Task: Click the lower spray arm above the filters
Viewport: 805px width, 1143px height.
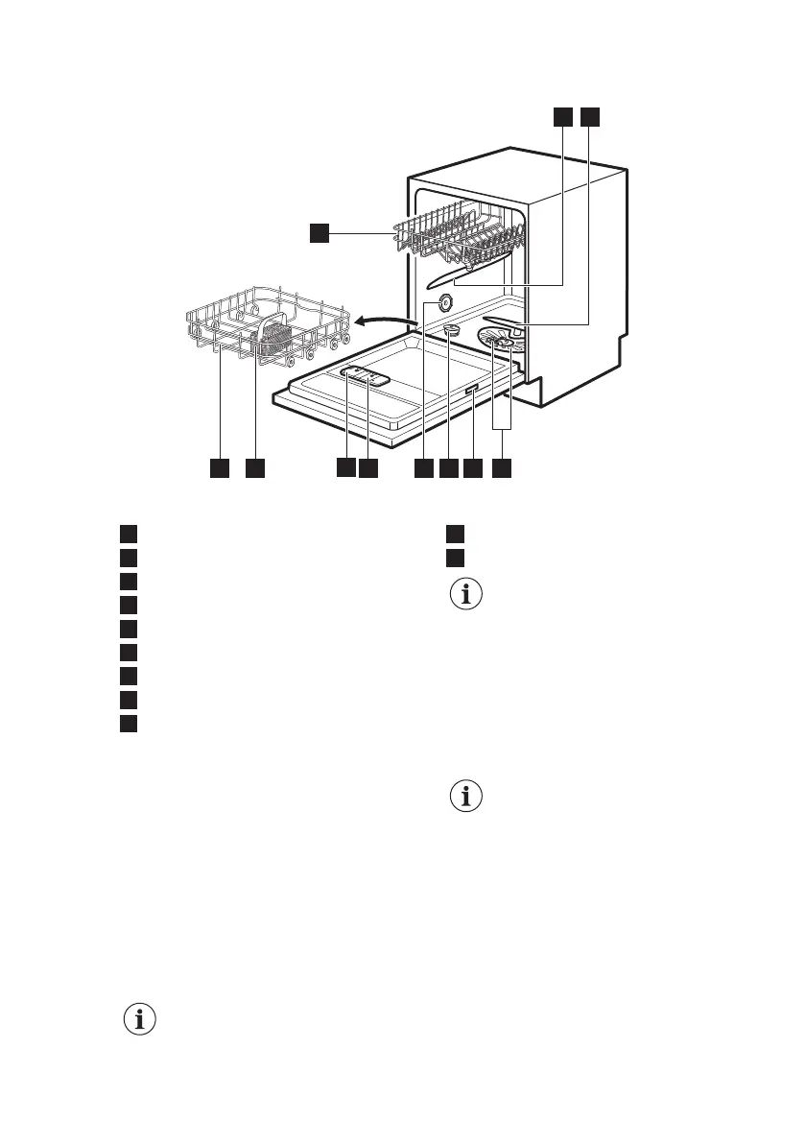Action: click(x=506, y=321)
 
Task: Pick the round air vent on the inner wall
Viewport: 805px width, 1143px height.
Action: click(x=445, y=301)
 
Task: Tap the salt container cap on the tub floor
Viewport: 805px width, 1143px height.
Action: click(x=453, y=331)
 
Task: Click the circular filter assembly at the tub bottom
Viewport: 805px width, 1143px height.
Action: click(x=501, y=342)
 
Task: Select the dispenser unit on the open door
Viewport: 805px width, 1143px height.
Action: click(x=366, y=377)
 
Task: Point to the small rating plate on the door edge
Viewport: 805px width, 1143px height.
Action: click(x=473, y=389)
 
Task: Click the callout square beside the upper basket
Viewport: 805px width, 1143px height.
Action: click(x=319, y=231)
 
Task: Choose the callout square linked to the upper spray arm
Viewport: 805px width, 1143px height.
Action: click(x=562, y=116)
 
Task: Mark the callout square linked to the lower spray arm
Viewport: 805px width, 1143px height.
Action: click(x=588, y=116)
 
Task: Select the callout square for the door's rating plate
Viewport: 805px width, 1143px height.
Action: click(x=473, y=468)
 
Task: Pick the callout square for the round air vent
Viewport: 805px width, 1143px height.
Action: click(x=423, y=468)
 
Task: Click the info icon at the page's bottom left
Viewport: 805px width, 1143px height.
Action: click(x=141, y=1020)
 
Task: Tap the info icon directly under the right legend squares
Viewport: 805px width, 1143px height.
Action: click(x=468, y=595)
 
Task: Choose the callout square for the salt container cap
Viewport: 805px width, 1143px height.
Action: click(x=448, y=468)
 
